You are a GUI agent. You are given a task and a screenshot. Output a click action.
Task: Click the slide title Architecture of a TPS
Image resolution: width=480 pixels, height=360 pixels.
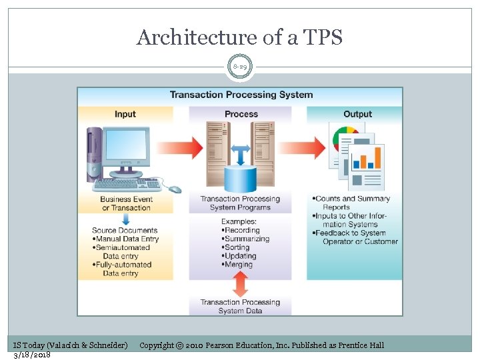(239, 37)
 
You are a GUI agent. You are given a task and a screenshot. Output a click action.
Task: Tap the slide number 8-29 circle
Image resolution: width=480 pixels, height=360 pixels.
(240, 67)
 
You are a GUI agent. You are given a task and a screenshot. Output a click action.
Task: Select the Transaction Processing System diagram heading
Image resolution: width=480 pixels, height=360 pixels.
(241, 95)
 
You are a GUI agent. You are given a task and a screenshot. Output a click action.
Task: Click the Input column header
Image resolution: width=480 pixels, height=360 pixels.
(125, 114)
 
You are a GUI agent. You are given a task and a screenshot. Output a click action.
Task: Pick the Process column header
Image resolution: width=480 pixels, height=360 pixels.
(241, 114)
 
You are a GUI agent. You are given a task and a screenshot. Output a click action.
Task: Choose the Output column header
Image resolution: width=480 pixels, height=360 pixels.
(357, 114)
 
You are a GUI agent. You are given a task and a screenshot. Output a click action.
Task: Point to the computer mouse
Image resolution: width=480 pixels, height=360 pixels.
(175, 189)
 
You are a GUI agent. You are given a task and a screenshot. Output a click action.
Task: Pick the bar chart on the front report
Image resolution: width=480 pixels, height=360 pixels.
(368, 159)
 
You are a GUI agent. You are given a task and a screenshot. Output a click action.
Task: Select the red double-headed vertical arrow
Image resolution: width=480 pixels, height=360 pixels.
(241, 283)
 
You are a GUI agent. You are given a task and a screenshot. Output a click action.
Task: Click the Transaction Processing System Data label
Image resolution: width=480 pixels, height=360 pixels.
(240, 307)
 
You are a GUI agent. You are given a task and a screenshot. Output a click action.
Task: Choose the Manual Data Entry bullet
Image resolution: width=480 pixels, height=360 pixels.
(127, 239)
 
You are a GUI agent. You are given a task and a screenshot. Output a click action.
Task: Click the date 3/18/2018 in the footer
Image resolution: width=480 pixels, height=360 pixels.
(32, 355)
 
